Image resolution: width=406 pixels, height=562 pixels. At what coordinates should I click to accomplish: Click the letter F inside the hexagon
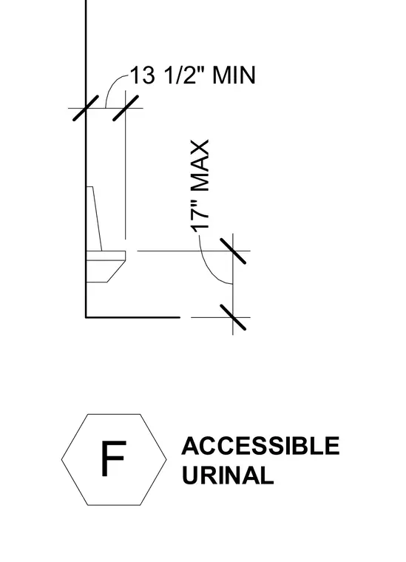point(113,458)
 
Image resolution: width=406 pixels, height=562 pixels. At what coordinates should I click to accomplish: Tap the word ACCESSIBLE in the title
point(260,446)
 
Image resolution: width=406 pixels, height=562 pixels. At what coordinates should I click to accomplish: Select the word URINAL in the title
point(228,475)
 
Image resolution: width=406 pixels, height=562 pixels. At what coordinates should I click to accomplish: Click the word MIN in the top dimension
point(234,75)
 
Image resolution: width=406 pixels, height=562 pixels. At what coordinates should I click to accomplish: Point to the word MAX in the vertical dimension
point(200,166)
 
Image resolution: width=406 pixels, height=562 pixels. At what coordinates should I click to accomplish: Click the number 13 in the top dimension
point(143,75)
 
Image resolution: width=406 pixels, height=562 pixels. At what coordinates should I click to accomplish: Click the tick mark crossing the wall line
point(86,108)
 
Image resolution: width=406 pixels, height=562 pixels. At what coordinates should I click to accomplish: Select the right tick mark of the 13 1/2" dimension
point(126,108)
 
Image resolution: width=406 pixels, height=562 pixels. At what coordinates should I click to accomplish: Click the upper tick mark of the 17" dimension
point(233,251)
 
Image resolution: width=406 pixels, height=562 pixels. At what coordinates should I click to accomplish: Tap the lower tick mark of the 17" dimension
point(233,317)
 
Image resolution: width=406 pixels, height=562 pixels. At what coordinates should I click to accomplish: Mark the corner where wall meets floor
point(86,317)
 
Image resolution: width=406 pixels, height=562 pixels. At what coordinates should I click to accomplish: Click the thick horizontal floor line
point(132,317)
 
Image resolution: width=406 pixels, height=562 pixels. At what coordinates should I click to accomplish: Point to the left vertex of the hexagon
point(61,459)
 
